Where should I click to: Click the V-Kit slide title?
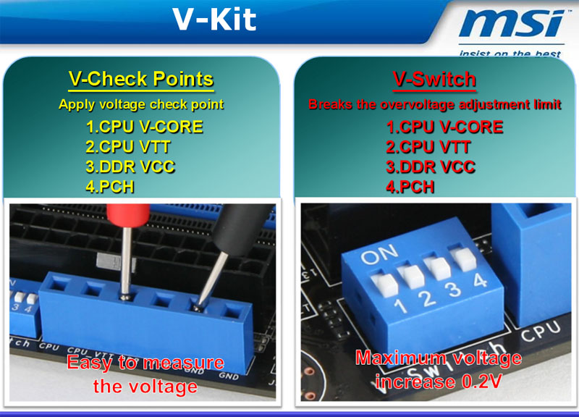point(214,20)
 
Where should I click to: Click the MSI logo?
point(512,23)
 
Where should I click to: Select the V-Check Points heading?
point(141,79)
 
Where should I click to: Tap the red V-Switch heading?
point(435,79)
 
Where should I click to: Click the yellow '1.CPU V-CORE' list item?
point(144,127)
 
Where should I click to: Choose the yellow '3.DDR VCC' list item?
point(130,167)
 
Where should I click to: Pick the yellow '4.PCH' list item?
point(110,187)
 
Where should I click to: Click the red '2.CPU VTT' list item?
point(428,147)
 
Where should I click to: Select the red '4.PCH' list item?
point(410,187)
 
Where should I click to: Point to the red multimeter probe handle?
point(128,215)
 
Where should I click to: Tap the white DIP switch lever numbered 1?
point(385,284)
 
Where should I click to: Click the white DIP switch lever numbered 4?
point(462,258)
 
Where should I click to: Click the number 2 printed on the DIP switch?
point(428,298)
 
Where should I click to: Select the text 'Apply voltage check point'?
point(141,104)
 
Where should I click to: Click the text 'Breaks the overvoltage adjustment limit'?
point(435,104)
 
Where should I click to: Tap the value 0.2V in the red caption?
point(481,382)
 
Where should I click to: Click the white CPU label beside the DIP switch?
point(541,330)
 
